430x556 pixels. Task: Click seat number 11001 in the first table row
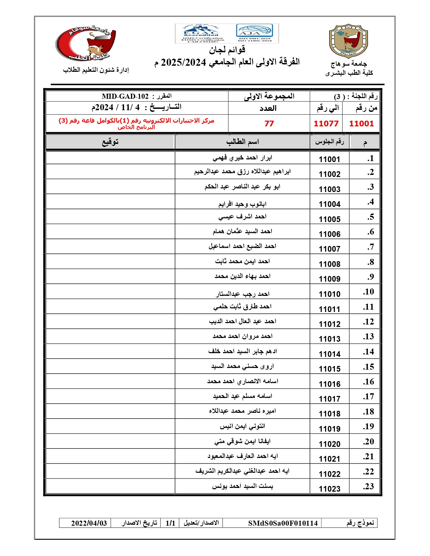(329, 159)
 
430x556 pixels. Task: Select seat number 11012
(329, 324)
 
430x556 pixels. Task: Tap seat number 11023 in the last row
(329, 489)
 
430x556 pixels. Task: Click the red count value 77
(269, 124)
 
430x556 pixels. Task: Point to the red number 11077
(326, 124)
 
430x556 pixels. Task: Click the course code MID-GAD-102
(125, 97)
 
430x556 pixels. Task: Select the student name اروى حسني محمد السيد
(242, 366)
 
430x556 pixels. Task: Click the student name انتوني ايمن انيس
(242, 426)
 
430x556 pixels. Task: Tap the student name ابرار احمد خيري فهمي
(242, 158)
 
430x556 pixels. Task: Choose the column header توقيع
(110, 142)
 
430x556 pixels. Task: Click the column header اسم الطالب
(242, 142)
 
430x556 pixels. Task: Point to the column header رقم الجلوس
(329, 142)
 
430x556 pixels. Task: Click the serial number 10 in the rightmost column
(368, 292)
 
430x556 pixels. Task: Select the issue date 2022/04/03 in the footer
(89, 523)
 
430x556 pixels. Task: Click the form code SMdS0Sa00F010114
(283, 523)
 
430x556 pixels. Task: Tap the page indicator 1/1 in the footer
(170, 523)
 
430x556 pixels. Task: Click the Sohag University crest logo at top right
(348, 41)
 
